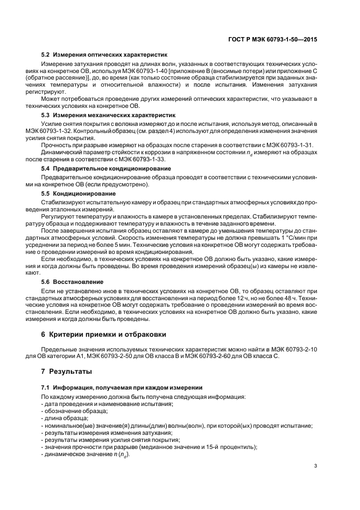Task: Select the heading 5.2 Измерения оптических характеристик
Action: click(105, 55)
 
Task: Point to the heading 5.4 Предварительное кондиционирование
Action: click(106, 168)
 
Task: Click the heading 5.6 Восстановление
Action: click(72, 282)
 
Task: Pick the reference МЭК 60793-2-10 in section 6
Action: click(295, 349)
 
